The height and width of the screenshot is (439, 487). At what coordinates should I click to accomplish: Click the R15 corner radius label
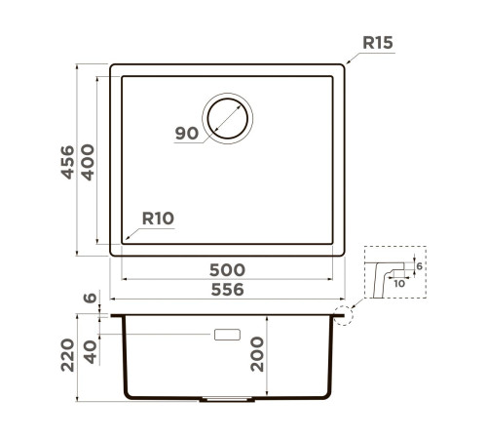point(378,43)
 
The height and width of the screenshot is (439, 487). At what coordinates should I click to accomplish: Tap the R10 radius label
point(158,219)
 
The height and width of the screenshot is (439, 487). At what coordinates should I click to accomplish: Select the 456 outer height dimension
point(67,162)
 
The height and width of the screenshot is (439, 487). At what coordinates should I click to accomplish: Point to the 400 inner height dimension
point(88,162)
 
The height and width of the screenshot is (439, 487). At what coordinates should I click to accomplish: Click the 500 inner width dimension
point(227,270)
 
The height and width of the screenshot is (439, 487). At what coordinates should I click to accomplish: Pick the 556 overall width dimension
point(227,290)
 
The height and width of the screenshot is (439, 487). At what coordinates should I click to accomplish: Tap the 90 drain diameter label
point(187,134)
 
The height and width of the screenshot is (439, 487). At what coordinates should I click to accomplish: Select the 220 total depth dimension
point(67,355)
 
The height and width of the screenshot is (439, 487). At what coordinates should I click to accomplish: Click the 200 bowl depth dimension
point(257,354)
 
